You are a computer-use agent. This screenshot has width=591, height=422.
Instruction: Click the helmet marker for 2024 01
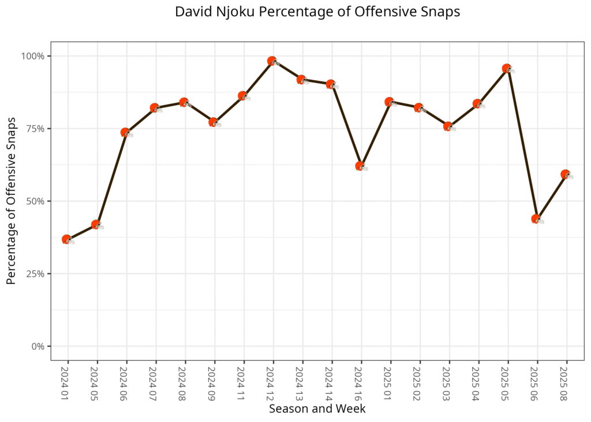pos(68,240)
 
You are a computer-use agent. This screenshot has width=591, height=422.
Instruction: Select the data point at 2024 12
pos(272,61)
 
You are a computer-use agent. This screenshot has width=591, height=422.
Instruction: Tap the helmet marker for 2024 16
pos(361,166)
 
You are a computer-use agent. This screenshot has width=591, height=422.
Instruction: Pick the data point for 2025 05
pos(507,69)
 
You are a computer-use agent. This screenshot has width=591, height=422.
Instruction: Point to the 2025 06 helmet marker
pos(537,219)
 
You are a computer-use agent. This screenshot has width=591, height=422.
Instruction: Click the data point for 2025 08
pos(566,174)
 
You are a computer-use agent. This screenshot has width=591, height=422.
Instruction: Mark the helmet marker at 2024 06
pos(126,133)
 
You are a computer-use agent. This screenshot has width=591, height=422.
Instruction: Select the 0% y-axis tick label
pos(39,346)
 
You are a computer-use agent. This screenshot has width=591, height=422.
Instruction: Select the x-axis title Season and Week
pos(317,409)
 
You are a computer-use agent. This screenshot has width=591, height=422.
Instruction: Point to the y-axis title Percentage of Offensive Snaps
pos(11,201)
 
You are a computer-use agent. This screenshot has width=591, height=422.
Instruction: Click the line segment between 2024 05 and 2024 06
pos(111,178)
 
